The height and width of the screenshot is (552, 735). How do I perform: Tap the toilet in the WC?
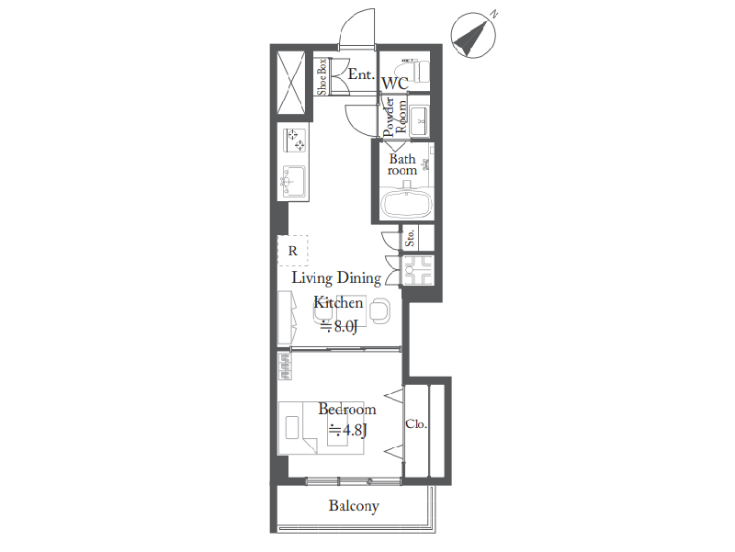(x=413, y=71)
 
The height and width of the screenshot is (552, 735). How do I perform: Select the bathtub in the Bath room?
(x=406, y=204)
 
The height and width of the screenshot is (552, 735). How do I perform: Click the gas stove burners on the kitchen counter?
(x=295, y=141)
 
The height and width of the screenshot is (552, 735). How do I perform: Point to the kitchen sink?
(x=293, y=181)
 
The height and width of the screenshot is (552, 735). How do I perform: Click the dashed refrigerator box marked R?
(x=293, y=251)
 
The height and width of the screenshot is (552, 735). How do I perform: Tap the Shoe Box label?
(x=322, y=77)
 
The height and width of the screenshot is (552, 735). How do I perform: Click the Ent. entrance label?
(x=361, y=74)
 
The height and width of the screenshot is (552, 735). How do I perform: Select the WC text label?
(x=395, y=84)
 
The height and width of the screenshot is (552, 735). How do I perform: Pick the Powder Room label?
(x=395, y=117)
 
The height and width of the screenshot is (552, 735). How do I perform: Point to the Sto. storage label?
(x=410, y=238)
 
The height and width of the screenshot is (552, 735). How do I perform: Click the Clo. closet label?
(x=416, y=424)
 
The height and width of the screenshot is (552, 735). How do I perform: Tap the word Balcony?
(x=354, y=506)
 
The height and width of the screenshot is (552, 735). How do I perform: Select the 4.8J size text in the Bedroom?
(x=348, y=430)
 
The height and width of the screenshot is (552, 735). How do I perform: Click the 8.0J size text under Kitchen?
(x=339, y=326)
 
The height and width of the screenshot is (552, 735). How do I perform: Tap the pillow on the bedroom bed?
(x=292, y=427)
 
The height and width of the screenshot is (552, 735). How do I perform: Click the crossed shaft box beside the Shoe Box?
(x=291, y=83)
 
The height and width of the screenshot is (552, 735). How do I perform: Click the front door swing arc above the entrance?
(x=357, y=28)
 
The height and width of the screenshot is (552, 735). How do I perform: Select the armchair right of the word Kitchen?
(x=379, y=310)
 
